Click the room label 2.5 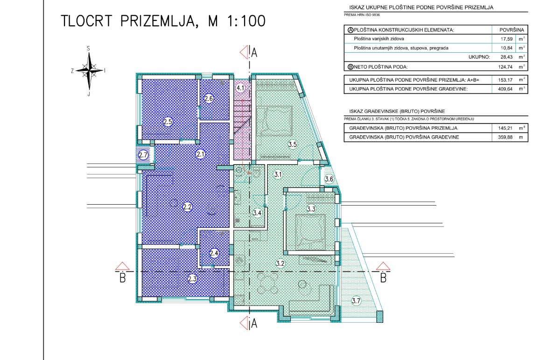(x=168, y=122)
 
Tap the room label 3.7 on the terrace (x=356, y=301)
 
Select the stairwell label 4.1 (x=240, y=88)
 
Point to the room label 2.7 (x=143, y=155)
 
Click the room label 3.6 (x=329, y=179)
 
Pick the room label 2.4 (x=214, y=253)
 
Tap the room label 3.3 (x=311, y=209)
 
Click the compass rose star (x=89, y=70)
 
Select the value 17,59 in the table (x=506, y=39)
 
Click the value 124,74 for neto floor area (x=505, y=67)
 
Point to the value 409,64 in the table (x=505, y=89)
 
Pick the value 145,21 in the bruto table (x=505, y=128)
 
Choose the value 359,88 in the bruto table (x=505, y=137)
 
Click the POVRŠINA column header (x=512, y=30)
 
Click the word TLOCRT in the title (x=87, y=21)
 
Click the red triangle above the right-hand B (x=383, y=266)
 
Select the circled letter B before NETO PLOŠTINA (x=351, y=67)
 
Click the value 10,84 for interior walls (x=506, y=48)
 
